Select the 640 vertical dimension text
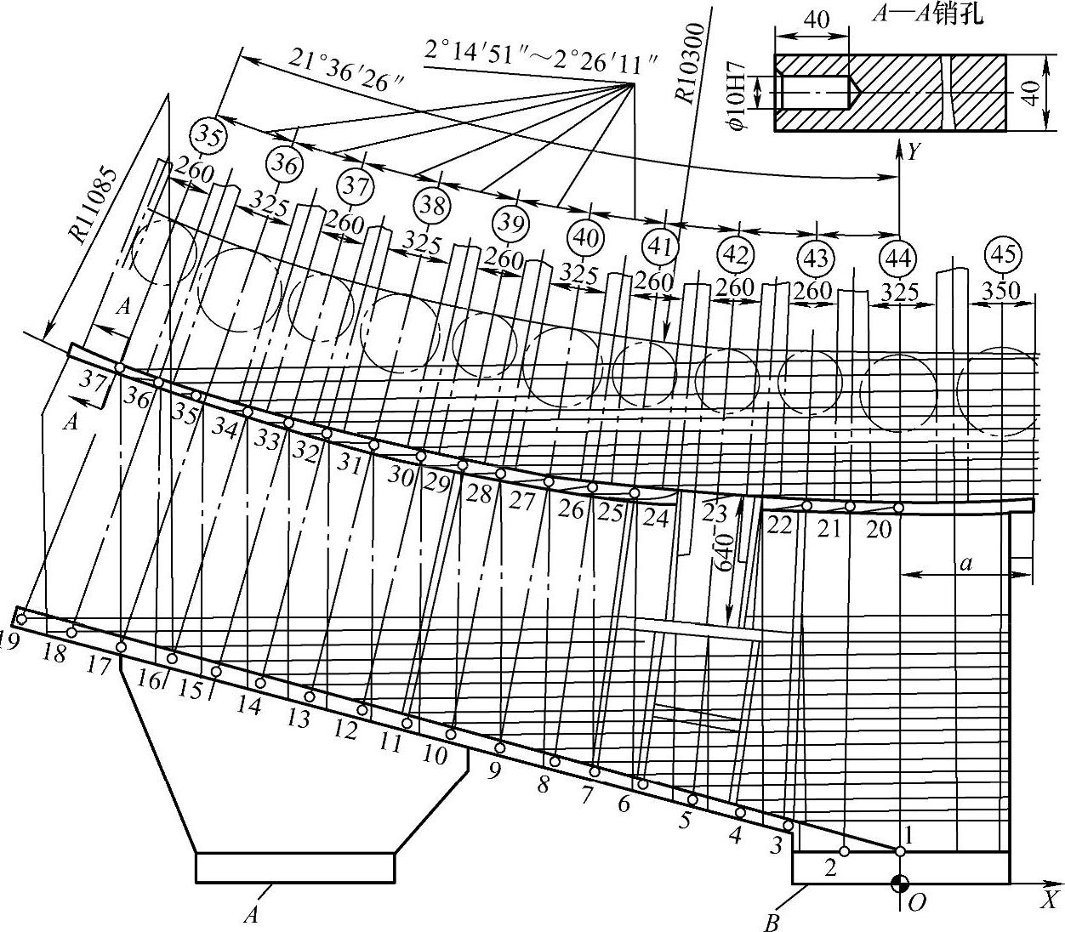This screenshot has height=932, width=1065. click(724, 553)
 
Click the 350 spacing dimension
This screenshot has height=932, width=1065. click(1000, 290)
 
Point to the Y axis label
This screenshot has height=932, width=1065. click(913, 152)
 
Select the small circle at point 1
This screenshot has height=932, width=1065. click(900, 850)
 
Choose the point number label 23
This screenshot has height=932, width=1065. click(715, 512)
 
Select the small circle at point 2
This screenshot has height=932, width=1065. click(844, 851)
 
